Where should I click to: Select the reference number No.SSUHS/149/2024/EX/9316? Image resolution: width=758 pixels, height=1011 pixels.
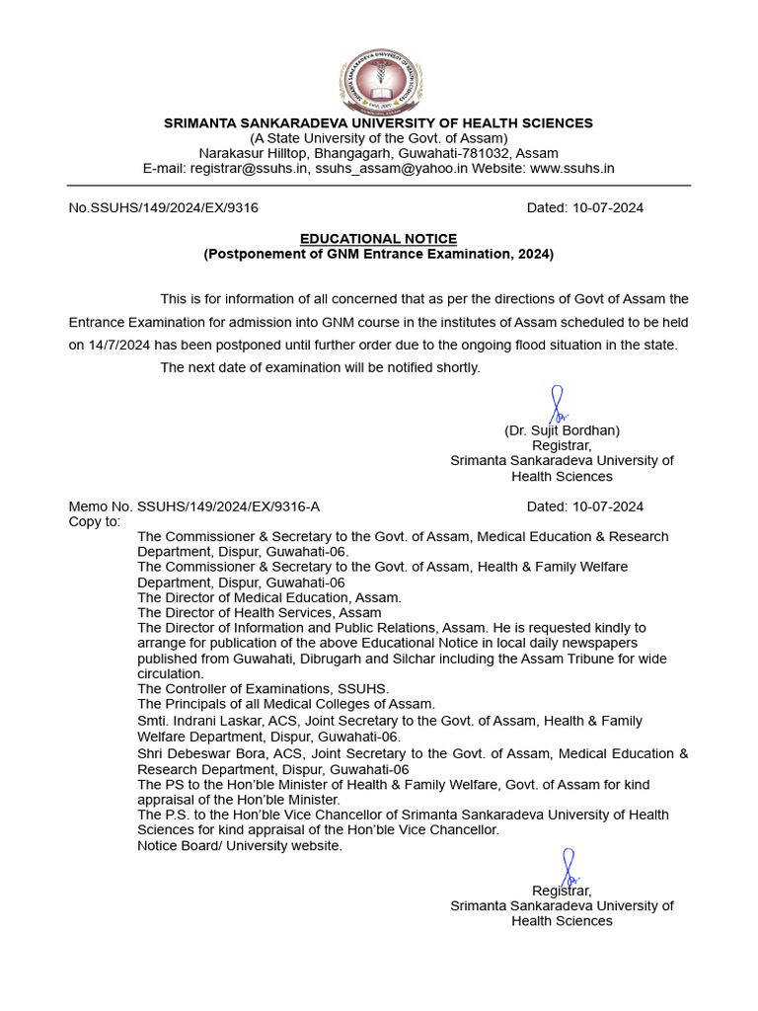pos(163,208)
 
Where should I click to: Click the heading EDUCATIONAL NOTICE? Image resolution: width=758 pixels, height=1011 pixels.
pos(378,239)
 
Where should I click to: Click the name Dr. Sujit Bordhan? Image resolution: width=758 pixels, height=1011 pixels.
pos(562,430)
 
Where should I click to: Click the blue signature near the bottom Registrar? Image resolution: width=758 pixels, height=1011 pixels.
pos(569,866)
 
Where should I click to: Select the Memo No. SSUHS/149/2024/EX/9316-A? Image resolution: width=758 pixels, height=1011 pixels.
pos(193,506)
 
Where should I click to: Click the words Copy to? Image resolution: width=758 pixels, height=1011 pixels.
pos(94,521)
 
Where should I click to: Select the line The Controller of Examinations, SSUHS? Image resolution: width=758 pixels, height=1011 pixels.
pos(263,688)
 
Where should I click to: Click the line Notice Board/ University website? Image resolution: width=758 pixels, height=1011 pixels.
pos(240,845)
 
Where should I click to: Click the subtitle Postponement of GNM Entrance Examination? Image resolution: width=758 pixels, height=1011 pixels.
pos(378,254)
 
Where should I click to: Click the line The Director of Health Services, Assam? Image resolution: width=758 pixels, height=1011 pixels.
pos(259,612)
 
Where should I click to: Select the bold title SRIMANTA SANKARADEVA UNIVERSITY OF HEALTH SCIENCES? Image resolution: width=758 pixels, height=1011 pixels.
pos(378,123)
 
